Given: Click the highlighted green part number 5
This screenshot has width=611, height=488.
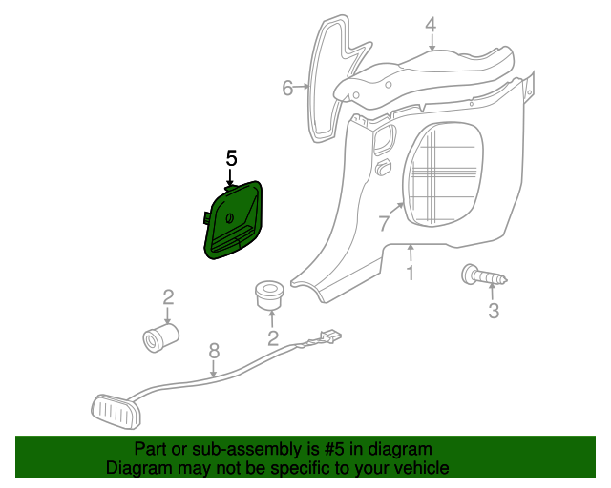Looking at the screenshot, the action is click(x=234, y=220).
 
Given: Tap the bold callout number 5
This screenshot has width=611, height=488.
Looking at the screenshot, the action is click(x=231, y=159).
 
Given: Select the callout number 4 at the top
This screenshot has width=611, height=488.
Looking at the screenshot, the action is click(x=431, y=25).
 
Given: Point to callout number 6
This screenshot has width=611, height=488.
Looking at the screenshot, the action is click(x=287, y=88).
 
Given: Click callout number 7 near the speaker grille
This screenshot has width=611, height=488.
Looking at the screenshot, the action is click(x=384, y=223).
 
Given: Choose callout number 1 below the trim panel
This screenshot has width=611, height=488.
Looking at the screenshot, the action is click(x=410, y=273).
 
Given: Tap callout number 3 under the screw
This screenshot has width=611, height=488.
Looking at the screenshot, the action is click(x=494, y=311).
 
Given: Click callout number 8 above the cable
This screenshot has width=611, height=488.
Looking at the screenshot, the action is click(x=214, y=351).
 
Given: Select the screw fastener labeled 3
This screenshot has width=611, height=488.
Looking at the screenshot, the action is click(x=484, y=275).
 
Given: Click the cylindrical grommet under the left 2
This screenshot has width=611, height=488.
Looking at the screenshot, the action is click(x=160, y=337).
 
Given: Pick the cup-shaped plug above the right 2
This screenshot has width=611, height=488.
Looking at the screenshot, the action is click(x=269, y=295).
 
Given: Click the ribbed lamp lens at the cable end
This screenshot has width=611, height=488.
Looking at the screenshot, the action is click(x=116, y=412).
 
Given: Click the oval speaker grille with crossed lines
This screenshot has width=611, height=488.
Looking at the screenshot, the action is click(x=443, y=173).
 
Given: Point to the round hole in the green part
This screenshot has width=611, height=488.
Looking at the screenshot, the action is click(x=229, y=218).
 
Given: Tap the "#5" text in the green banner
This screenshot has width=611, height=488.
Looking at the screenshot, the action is click(x=333, y=450).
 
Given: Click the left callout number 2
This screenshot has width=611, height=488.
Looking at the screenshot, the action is click(x=168, y=297).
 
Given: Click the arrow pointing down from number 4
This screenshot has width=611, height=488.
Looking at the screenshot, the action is click(x=432, y=42).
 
